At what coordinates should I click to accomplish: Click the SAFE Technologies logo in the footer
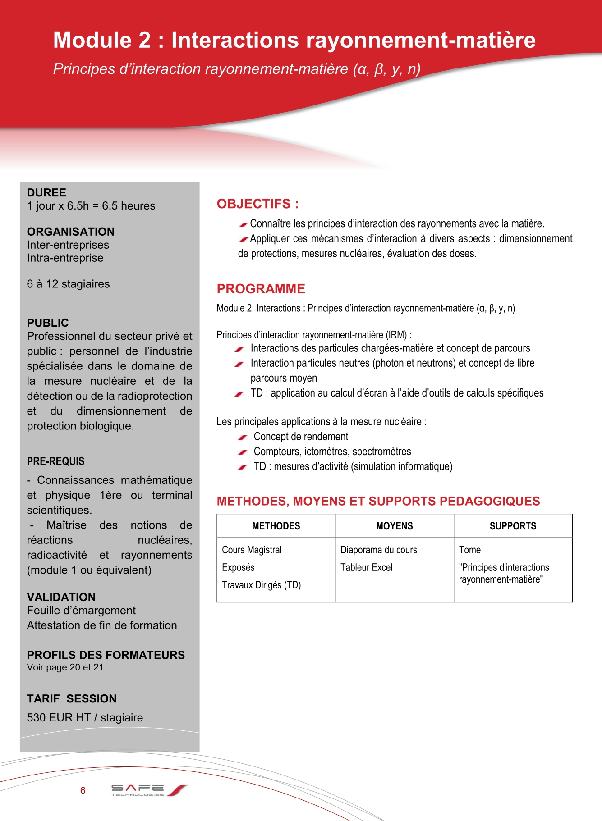click(149, 789)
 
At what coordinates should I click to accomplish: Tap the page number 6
click(83, 790)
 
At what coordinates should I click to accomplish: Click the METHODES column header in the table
click(276, 526)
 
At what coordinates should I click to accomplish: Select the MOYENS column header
click(395, 526)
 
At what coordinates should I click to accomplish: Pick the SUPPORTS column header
click(513, 526)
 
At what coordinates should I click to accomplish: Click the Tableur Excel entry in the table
click(366, 567)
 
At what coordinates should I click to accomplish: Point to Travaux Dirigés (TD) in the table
click(261, 585)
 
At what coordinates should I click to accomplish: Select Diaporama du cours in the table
click(378, 550)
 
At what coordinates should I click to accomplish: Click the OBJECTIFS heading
click(257, 204)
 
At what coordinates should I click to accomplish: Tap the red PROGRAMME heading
click(261, 289)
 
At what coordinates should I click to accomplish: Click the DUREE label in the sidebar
click(46, 193)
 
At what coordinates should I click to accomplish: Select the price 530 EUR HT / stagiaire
click(85, 717)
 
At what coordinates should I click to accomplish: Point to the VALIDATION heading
click(61, 597)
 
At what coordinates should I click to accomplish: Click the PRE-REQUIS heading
click(55, 461)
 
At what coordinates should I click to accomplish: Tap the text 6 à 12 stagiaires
click(68, 284)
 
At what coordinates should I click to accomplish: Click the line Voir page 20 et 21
click(65, 667)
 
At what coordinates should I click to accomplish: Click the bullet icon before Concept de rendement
click(243, 437)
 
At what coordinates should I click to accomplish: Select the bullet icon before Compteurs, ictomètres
click(243, 452)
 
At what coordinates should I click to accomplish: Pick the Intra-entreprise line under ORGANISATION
click(65, 258)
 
